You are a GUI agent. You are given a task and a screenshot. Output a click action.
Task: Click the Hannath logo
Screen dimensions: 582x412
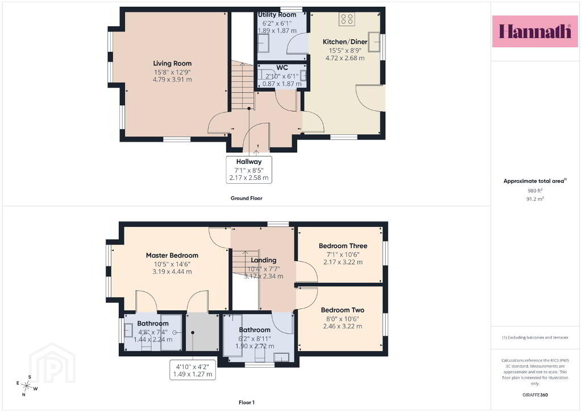[535, 31]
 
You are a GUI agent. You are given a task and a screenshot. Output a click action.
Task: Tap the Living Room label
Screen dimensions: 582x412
[172, 64]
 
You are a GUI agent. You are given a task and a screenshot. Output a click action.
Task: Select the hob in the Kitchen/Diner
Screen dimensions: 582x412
[347, 19]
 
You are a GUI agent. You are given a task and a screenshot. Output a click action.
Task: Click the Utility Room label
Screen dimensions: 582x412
[277, 15]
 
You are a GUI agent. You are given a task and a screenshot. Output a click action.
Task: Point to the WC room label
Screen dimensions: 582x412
[282, 68]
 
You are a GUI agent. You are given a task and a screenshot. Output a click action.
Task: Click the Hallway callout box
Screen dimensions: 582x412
[249, 170]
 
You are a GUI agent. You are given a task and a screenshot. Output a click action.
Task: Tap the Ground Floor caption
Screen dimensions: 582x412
[247, 199]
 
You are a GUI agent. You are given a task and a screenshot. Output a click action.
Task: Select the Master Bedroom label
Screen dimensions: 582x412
[172, 256]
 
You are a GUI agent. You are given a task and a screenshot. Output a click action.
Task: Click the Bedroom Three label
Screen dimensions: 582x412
[343, 246]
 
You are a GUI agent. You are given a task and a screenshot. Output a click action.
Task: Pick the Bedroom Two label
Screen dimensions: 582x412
[343, 310]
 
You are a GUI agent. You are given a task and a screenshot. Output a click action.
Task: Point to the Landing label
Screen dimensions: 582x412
[264, 261]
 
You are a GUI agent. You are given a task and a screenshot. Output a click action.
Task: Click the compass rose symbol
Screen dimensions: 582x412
[27, 386]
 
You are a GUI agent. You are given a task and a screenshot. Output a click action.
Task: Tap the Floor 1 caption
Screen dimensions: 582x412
[247, 402]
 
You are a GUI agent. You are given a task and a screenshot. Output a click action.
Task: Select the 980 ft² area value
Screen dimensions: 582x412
[535, 191]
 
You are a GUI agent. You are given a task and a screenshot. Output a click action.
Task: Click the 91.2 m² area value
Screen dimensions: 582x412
[535, 199]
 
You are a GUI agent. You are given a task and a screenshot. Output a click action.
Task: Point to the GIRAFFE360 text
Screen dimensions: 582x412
[535, 395]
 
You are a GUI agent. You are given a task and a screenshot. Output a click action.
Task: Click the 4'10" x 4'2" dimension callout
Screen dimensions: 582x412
[193, 370]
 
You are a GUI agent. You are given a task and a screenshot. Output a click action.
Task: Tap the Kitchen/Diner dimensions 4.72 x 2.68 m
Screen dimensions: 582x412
[345, 58]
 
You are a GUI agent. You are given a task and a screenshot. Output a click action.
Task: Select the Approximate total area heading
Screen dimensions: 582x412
[535, 182]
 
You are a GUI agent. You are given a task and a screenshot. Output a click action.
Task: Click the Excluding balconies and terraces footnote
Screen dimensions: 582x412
[535, 337]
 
